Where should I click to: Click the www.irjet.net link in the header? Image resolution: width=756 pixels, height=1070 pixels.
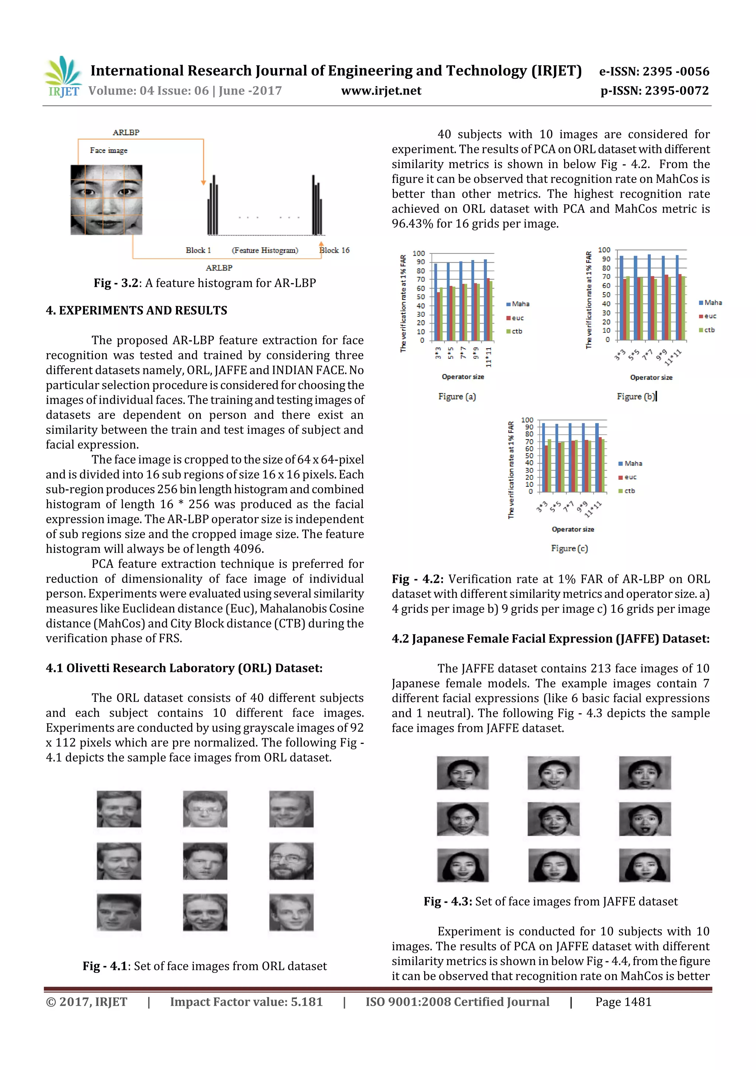[381, 90]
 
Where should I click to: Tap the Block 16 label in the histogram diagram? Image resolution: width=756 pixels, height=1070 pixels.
[334, 250]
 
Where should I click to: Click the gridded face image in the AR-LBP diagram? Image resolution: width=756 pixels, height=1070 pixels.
[106, 199]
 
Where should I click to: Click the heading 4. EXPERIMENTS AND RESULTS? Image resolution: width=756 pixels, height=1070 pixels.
[137, 310]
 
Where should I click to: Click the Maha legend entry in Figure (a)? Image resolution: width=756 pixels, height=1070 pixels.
[518, 304]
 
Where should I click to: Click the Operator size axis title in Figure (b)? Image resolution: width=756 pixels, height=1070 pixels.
[651, 377]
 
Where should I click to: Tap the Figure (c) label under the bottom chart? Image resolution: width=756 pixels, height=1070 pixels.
[569, 548]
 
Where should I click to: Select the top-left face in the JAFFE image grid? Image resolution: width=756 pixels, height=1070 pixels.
[462, 773]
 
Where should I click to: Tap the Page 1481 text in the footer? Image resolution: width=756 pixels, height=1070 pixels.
[623, 1002]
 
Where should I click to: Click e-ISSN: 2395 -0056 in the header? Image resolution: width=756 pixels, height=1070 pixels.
[653, 71]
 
